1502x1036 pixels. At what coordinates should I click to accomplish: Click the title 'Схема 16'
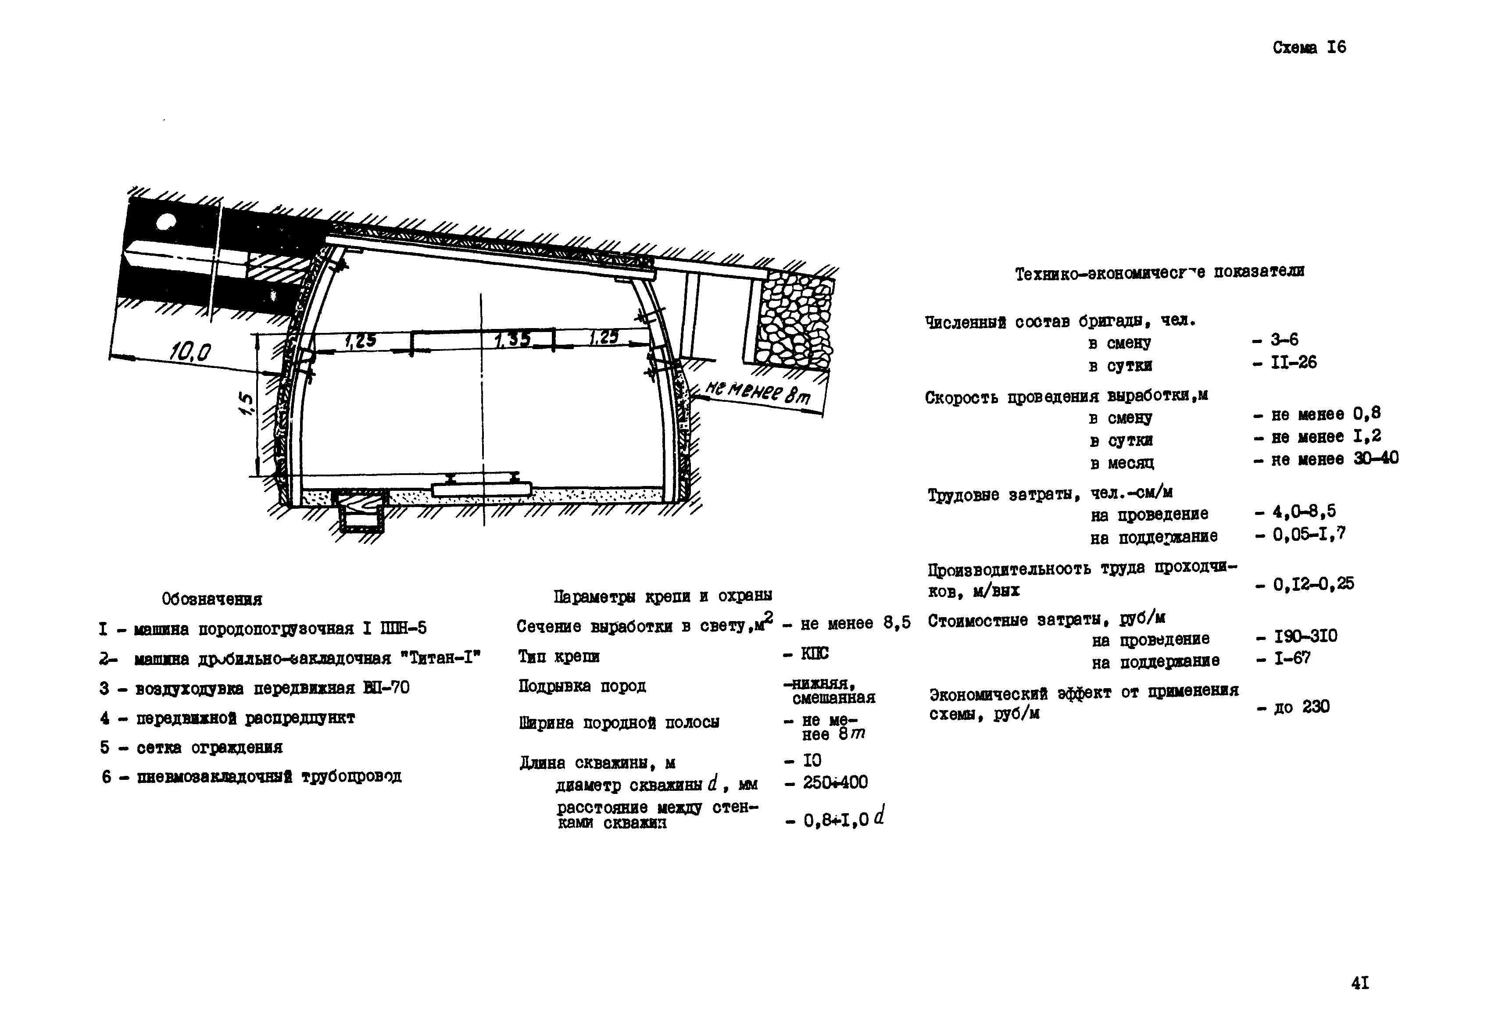[1309, 47]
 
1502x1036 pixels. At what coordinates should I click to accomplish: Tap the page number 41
[1360, 983]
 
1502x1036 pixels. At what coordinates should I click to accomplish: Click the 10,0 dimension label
[190, 353]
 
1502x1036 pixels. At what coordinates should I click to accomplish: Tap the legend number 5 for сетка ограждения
[104, 747]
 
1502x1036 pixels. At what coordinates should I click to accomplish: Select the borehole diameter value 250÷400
[835, 782]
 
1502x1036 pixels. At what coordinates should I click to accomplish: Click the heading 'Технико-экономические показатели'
[1159, 273]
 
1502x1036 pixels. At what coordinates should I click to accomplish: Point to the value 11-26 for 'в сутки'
[1293, 362]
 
